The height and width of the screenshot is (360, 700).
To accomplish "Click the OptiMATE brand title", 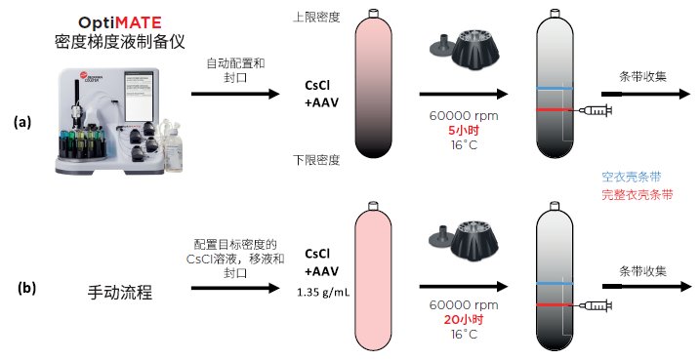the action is click(x=120, y=22).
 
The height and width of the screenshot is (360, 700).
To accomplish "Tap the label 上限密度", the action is click(x=316, y=18).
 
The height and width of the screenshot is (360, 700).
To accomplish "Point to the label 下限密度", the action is click(x=316, y=160).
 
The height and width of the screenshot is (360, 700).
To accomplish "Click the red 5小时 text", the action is click(x=464, y=131).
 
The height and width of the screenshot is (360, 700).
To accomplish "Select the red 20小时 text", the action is click(x=464, y=319).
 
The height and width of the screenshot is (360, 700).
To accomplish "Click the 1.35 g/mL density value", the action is click(x=324, y=293).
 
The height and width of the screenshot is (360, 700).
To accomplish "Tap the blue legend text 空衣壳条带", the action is click(x=632, y=177).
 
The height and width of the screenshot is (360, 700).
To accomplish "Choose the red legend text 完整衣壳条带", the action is click(x=638, y=194).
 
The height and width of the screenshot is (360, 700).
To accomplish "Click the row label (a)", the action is click(x=22, y=122).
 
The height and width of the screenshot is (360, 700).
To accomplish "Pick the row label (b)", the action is click(x=26, y=288).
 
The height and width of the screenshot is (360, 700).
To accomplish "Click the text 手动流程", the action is click(x=120, y=293).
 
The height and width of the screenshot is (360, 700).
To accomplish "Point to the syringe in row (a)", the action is click(x=596, y=110).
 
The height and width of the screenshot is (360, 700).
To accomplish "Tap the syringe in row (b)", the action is click(x=596, y=305).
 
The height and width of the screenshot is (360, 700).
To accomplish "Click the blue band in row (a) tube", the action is click(x=554, y=89).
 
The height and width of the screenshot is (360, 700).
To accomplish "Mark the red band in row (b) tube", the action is click(x=554, y=305).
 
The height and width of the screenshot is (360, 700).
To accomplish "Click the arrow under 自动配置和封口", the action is click(x=235, y=94).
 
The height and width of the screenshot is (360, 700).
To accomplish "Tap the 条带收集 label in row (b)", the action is click(x=642, y=271).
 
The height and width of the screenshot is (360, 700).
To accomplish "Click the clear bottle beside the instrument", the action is click(x=174, y=146).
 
